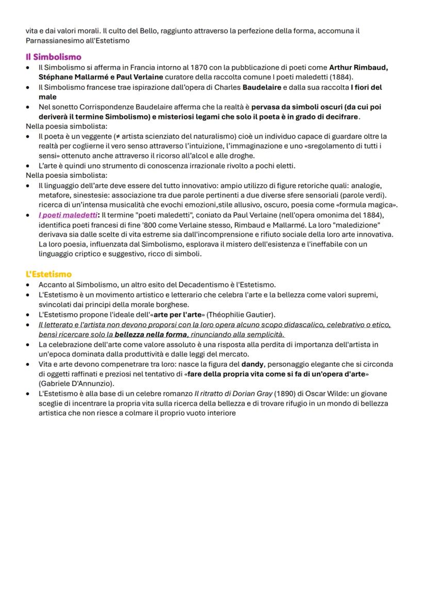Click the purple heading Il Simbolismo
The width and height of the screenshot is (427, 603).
coord(54,57)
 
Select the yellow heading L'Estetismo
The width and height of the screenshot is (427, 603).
coord(48,274)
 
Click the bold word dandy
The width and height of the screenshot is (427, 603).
coord(253,364)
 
